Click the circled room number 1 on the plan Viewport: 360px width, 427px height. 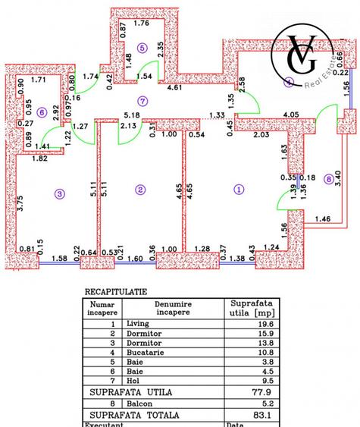[x=239, y=189]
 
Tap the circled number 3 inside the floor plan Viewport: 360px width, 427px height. [x=60, y=193]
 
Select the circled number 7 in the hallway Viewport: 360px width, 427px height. [x=142, y=102]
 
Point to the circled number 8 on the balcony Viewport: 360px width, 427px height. [x=327, y=180]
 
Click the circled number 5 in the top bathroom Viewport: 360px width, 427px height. [x=142, y=48]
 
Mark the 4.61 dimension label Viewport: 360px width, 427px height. [x=196, y=89]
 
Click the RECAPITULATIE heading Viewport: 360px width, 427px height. [x=116, y=290]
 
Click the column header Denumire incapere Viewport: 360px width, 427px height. [x=174, y=307]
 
